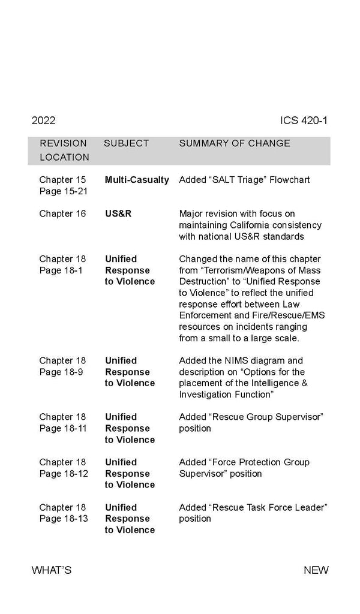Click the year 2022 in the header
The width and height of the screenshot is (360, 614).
[43, 121]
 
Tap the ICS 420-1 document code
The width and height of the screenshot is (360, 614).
[304, 121]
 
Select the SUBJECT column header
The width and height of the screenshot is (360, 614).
[126, 143]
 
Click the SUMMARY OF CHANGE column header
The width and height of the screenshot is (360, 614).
[235, 143]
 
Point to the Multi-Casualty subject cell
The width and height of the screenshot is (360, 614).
[137, 180]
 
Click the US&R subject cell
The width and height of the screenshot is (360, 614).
[118, 214]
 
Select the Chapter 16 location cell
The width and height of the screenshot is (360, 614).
[63, 214]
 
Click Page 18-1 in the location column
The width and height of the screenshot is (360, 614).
[61, 270]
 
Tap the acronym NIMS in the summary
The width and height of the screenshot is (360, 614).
[235, 361]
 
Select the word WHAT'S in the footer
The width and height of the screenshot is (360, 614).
[52, 570]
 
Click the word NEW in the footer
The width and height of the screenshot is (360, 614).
[316, 570]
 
